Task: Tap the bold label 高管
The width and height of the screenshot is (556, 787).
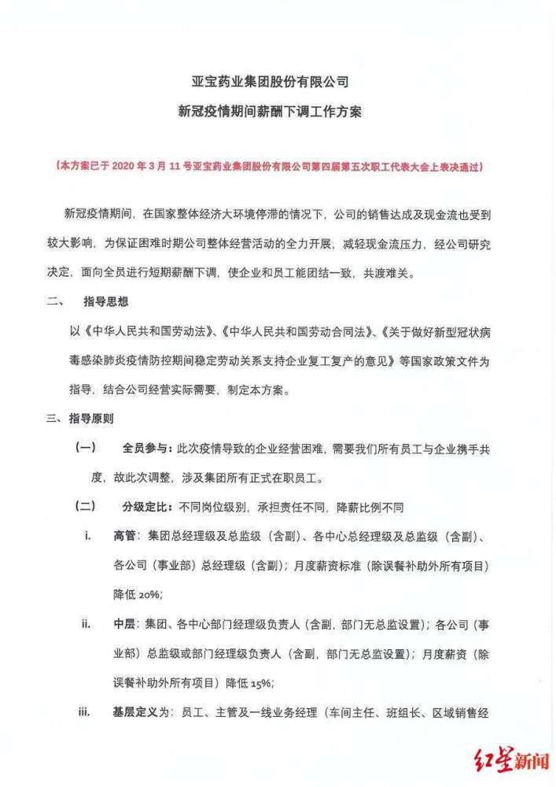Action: [124, 536]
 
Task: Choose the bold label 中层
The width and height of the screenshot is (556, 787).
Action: [124, 624]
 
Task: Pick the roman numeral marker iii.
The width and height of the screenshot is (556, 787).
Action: [85, 713]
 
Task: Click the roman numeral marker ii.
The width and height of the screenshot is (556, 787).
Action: [85, 624]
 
